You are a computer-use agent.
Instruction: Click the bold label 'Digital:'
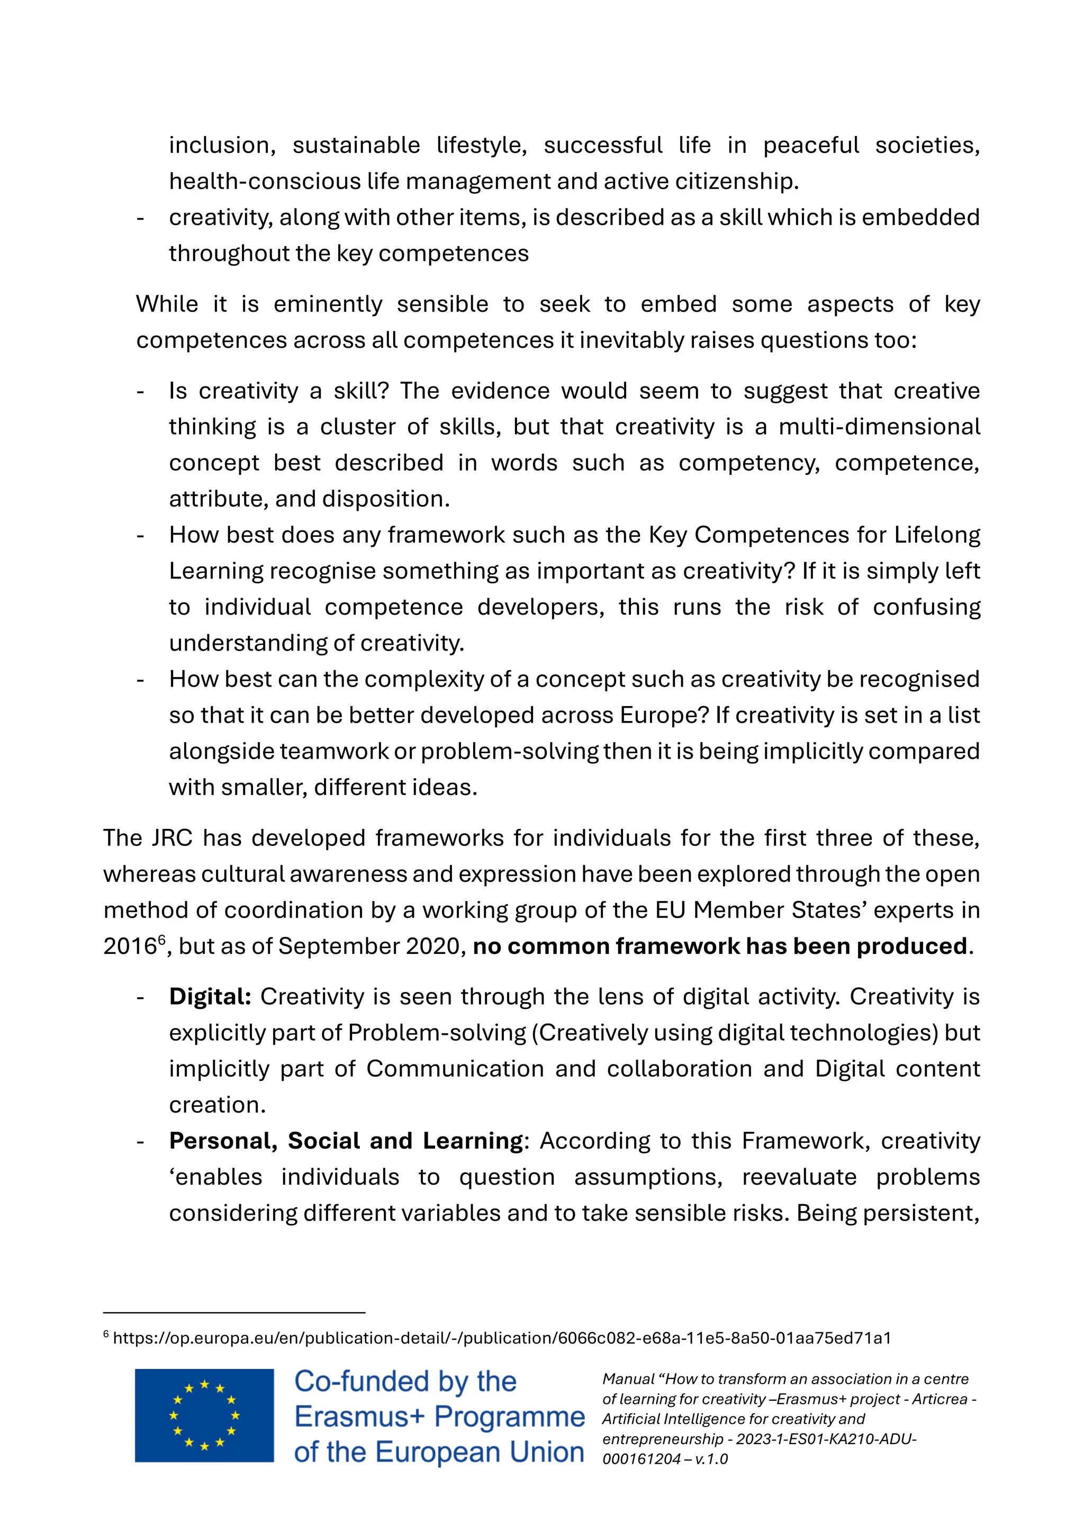[210, 997]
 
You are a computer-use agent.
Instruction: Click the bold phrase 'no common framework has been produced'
[719, 946]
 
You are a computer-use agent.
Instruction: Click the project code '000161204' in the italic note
[635, 1459]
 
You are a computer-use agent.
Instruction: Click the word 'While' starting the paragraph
[167, 304]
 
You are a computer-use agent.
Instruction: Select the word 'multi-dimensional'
[879, 427]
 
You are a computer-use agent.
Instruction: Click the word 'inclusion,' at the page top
[222, 146]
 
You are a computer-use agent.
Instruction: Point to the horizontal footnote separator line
[233, 1313]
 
